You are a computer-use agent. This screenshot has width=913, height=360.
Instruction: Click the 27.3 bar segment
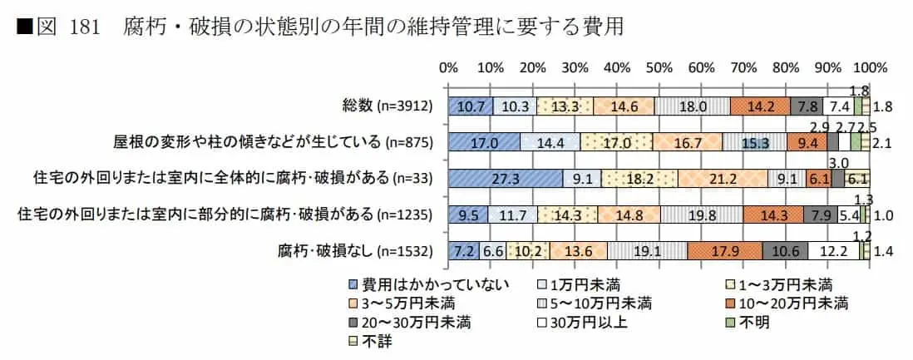pos(505,178)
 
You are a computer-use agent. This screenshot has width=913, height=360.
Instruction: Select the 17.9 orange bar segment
pos(724,250)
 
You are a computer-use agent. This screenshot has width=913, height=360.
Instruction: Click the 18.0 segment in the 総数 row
pos(693,106)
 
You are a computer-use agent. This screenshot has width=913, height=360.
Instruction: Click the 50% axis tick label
pos(659,67)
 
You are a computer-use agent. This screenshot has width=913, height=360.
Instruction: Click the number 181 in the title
pos(85,27)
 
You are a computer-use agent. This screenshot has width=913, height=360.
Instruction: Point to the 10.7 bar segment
pos(470,106)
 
